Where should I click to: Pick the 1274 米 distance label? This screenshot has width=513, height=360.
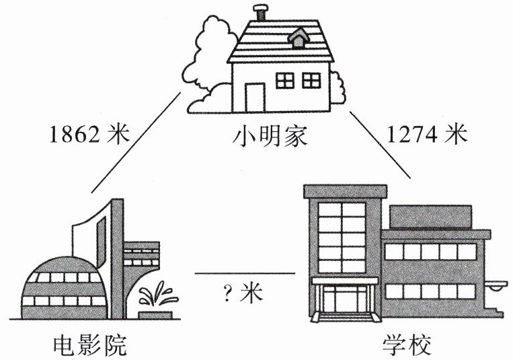[426, 135]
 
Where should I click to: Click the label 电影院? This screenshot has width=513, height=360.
[89, 345]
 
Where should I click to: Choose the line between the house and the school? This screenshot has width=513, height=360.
[380, 144]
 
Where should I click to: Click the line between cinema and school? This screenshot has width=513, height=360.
[245, 273]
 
